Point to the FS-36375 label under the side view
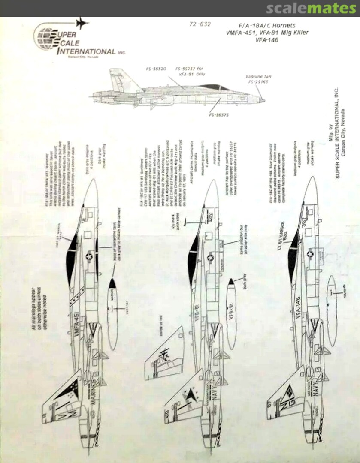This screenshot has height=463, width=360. (219, 115)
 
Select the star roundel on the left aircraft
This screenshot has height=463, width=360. (89, 256)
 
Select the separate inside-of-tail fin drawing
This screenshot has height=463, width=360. (164, 353)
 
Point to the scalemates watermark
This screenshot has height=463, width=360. (311, 8)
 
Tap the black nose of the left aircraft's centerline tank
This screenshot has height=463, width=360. (112, 283)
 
